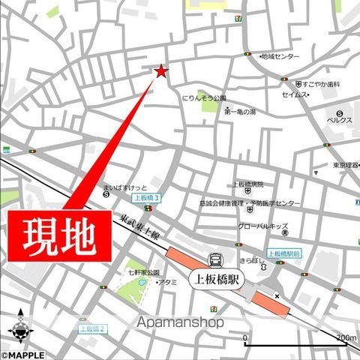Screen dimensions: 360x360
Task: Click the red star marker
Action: pos(160,71)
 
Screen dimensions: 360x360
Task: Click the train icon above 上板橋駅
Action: pos(216,259)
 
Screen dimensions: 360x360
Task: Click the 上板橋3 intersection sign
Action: pos(146,198)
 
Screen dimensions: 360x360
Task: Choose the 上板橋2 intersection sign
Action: pos(94,328)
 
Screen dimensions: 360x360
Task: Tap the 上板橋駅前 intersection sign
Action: pos(283,253)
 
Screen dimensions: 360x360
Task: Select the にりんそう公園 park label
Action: pos(204,98)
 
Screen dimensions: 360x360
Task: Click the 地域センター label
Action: pos(279,56)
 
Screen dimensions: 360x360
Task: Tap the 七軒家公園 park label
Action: pos(144,271)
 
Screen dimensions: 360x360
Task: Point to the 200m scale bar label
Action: pos(346,338)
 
